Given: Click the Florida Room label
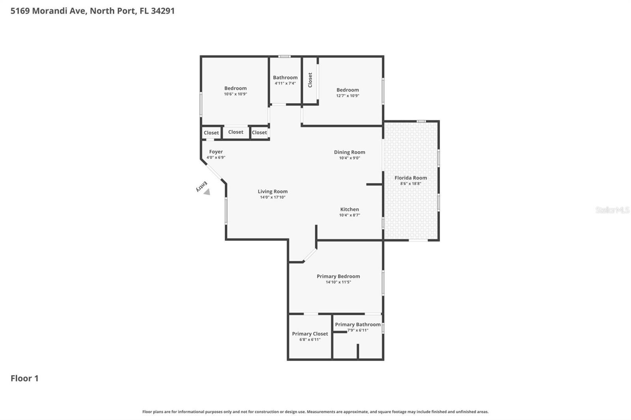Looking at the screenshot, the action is tap(411, 178).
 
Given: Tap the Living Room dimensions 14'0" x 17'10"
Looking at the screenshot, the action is tap(273, 197).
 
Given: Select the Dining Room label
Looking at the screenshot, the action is tap(349, 152).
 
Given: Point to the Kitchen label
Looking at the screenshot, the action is tap(349, 209).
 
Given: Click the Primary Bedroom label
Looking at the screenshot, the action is tap(338, 276).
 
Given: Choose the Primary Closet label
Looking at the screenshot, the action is tap(310, 334).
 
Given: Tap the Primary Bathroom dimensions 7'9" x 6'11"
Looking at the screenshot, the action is tap(358, 330).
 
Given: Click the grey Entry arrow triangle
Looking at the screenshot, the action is tap(207, 192).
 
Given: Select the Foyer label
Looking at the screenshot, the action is tap(216, 152).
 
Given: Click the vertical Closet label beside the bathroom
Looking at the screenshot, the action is tap(310, 80).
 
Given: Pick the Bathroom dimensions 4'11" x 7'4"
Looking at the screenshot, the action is tap(285, 83).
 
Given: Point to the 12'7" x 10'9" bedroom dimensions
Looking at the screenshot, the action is tap(347, 96).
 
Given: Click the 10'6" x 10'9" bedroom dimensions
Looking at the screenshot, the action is tap(235, 94).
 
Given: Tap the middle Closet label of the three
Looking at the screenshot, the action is tap(236, 132).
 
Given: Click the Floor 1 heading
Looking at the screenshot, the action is tap(24, 378).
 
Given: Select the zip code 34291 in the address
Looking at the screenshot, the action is tap(163, 11).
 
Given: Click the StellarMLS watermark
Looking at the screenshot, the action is tap(612, 210).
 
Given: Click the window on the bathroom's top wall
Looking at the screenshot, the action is tap(284, 56).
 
